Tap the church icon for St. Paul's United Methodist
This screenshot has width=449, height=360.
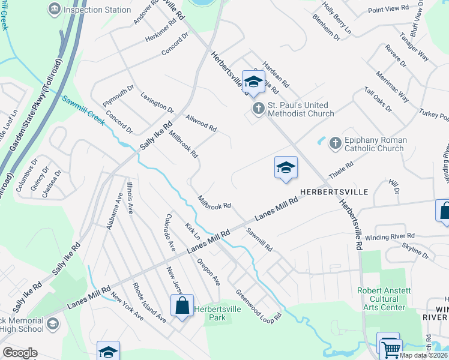(x=258, y=109)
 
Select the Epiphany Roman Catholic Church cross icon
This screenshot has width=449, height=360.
(x=335, y=143)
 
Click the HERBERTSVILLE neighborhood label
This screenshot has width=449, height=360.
(x=334, y=187)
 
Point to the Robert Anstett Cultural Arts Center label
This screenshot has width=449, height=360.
(x=384, y=299)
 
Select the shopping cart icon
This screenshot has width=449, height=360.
(x=391, y=347)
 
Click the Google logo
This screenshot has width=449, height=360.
(x=20, y=353)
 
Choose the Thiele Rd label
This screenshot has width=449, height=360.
(x=340, y=172)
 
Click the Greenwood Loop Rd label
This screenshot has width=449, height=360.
(x=258, y=307)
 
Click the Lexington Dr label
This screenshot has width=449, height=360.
(x=157, y=103)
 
